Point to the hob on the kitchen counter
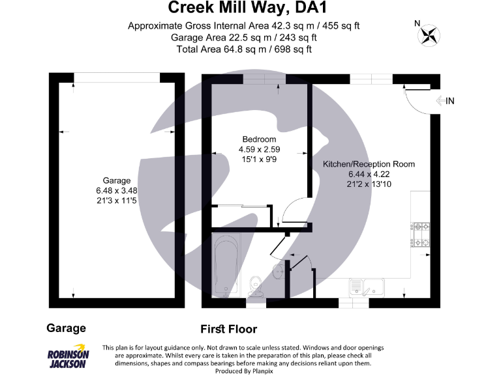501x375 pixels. click(x=421, y=235)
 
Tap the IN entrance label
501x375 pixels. click(x=450, y=100)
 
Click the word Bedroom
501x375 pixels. click(x=259, y=139)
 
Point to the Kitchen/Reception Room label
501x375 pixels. click(x=369, y=164)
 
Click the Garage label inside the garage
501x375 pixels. click(x=117, y=180)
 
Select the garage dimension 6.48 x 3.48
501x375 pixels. click(x=117, y=190)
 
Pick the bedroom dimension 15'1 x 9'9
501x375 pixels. click(x=259, y=159)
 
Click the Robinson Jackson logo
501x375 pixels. click(x=68, y=355)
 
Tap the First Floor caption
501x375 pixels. click(x=228, y=329)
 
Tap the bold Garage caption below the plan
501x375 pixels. click(x=66, y=328)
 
